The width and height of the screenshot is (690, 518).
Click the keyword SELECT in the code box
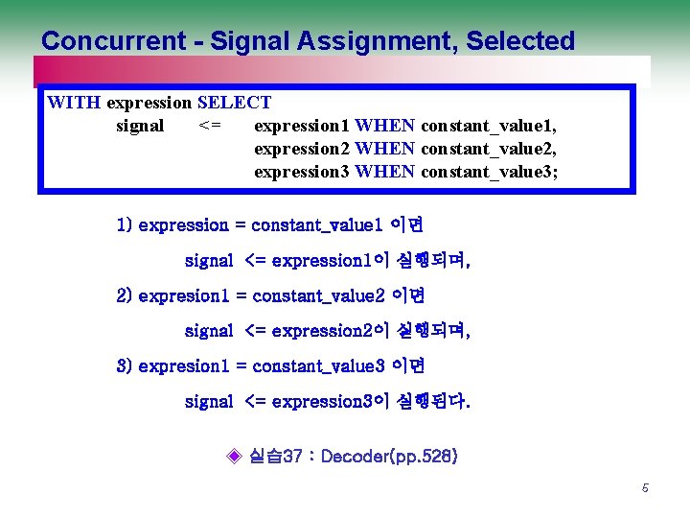[234, 103]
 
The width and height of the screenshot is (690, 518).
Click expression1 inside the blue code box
[301, 126]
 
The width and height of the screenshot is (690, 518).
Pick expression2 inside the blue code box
[301, 149]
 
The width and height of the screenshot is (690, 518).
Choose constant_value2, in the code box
[489, 149]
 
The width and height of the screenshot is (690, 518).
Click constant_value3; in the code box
[489, 172]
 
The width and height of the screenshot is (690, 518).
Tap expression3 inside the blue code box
[301, 172]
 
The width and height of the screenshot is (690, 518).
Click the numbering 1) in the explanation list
[124, 225]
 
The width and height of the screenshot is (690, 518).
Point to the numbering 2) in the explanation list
[124, 295]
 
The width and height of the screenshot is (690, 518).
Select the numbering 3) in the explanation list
[124, 365]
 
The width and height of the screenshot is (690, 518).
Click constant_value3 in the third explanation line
[317, 365]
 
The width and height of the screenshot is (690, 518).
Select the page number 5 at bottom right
[645, 488]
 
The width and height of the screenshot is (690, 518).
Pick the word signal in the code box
[140, 126]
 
